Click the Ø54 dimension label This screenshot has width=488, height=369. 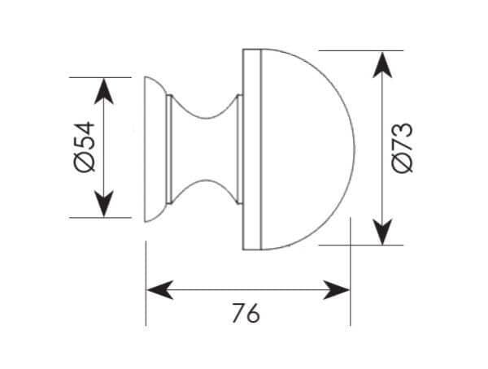(85, 146)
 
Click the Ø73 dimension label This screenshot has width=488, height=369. (403, 147)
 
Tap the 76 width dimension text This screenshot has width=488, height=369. (246, 313)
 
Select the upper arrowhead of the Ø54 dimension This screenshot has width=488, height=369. (103, 91)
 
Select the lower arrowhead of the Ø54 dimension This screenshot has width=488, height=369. (103, 204)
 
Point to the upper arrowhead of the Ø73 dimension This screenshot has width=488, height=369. (382, 65)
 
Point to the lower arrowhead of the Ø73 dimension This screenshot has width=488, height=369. (382, 232)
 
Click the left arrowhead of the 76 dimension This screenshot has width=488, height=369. (160, 290)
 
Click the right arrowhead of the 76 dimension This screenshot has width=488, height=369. (337, 290)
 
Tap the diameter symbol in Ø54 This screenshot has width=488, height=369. (85, 162)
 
